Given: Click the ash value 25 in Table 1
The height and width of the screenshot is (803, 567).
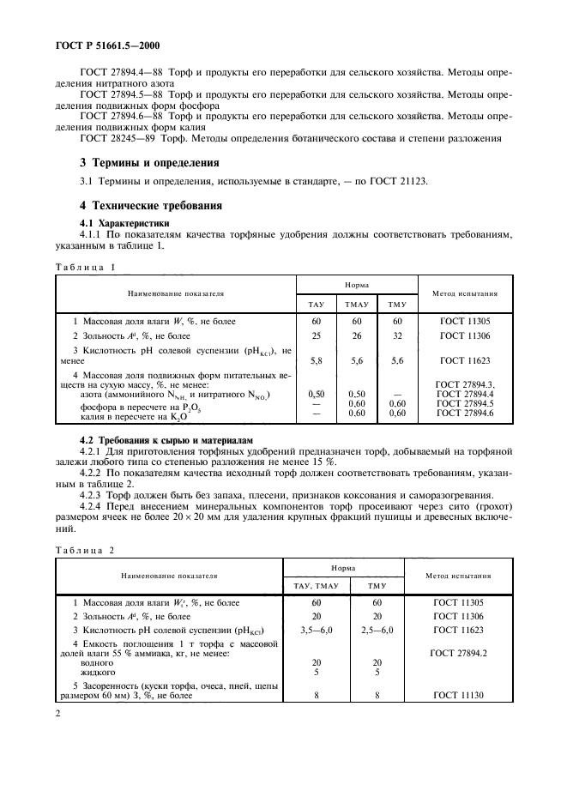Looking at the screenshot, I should [x=316, y=335].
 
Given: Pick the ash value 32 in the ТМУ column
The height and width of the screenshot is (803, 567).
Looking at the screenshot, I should [x=396, y=335].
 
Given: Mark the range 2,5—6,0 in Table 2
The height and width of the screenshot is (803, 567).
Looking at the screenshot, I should [x=377, y=630].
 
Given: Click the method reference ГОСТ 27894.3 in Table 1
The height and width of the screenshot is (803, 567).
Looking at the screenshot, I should [x=466, y=385].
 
